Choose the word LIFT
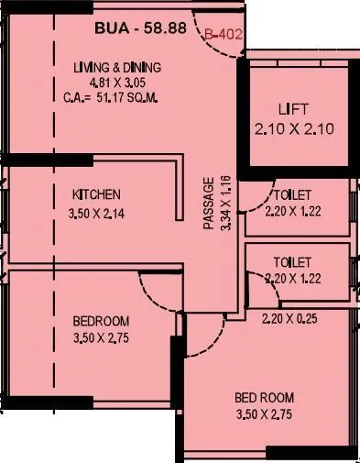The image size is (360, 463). (289, 110)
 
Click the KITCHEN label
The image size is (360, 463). (97, 194)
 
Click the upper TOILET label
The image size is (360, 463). (293, 195)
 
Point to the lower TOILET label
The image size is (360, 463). (293, 261)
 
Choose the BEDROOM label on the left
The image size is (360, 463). (101, 321)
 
